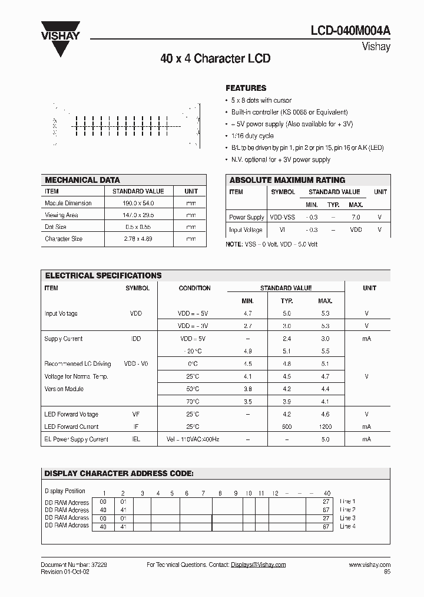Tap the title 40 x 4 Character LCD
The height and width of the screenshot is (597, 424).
tap(215, 59)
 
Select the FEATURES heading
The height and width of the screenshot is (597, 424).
tap(246, 87)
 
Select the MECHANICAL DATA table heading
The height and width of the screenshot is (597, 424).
tap(82, 180)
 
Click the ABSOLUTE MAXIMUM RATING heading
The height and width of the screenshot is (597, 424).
tap(287, 180)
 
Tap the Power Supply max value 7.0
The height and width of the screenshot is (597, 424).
tap(356, 217)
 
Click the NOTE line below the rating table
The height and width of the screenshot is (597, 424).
tap(271, 244)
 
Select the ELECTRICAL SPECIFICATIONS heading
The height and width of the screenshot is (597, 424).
tap(103, 275)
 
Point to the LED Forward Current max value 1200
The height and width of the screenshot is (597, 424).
tap(325, 427)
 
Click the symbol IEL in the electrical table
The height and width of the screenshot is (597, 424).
tap(136, 439)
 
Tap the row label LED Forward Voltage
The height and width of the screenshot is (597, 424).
tap(71, 414)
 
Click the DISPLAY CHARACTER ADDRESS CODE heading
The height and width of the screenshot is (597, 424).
tap(120, 474)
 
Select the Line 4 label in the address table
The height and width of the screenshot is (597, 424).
tap(347, 526)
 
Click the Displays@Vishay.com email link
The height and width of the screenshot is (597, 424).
tap(258, 565)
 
